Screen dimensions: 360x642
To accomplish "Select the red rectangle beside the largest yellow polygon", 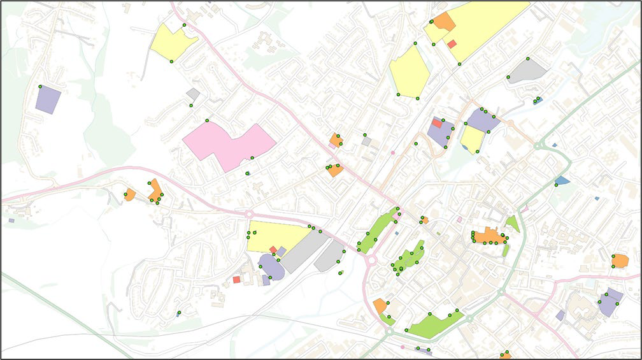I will (452, 44).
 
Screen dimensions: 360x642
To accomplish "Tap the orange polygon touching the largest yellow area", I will (443, 21).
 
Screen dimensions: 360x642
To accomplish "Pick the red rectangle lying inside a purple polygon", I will (436, 122).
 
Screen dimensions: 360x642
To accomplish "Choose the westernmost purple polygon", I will (48, 100).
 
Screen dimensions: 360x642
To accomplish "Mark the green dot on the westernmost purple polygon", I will (39, 86).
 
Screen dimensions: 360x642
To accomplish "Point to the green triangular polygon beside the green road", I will (513, 224).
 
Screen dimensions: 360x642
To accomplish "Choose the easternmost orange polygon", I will (620, 260).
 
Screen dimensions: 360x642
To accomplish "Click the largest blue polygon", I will (562, 180).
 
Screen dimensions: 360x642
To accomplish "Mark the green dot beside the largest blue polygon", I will (556, 185).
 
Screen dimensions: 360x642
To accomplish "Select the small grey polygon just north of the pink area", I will (193, 94).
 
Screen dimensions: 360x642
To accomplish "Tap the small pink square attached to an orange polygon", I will (332, 145).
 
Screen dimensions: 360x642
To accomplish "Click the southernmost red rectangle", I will (236, 279).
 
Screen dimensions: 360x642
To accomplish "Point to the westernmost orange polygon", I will (130, 194).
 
